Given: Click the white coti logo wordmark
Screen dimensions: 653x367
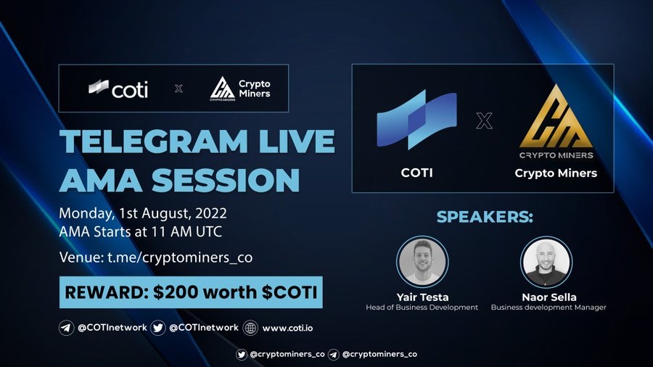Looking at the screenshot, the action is [x=130, y=89].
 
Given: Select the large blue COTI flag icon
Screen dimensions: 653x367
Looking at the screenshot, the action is [x=416, y=119].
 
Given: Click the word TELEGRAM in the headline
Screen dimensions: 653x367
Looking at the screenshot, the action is [x=154, y=141].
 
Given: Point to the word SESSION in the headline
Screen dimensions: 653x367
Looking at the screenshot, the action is [x=226, y=180].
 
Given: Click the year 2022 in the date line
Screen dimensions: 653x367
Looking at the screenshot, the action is [x=211, y=213].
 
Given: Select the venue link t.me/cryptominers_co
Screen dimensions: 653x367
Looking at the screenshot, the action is [x=180, y=257].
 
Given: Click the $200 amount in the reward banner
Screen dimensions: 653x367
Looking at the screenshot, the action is [x=176, y=292].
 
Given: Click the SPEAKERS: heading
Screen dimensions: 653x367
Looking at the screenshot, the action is [x=485, y=217].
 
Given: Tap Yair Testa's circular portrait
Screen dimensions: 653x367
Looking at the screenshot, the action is [x=422, y=262].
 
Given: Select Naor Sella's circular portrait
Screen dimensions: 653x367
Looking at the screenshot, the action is [x=546, y=262].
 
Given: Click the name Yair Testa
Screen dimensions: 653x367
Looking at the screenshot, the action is [x=422, y=297].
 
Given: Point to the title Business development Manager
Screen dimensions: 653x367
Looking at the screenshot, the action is [x=549, y=308].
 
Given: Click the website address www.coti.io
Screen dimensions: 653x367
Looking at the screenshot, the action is [x=287, y=328].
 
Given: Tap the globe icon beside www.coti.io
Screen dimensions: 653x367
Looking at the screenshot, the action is [x=250, y=328].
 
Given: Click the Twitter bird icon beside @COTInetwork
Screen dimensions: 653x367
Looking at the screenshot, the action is [x=158, y=328].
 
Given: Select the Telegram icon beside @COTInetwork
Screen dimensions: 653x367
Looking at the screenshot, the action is [x=66, y=328].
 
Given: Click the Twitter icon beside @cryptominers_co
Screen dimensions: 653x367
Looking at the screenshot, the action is [x=241, y=355].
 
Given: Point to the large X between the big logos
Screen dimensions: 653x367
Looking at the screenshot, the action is [x=484, y=120].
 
